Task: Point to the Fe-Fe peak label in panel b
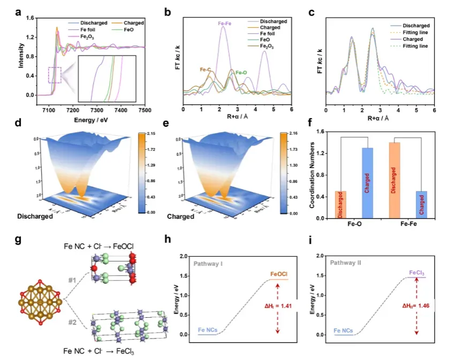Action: (x=225, y=24)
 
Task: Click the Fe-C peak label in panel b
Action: (x=206, y=70)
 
